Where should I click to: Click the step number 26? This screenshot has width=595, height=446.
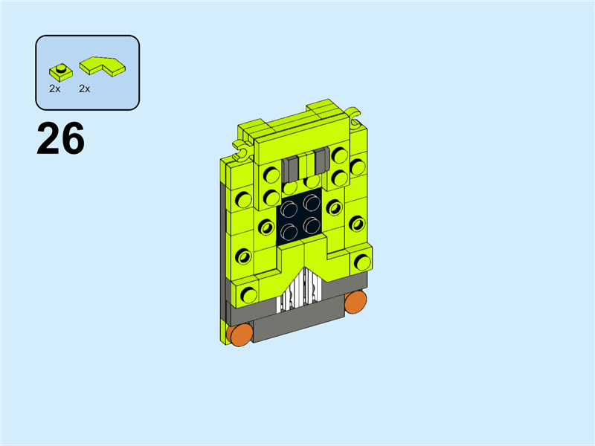pyautogui.click(x=60, y=138)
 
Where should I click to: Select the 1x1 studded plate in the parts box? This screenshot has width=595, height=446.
pyautogui.click(x=61, y=72)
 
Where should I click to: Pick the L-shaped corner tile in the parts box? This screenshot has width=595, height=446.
pyautogui.click(x=103, y=66)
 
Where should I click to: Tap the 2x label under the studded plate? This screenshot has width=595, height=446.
pyautogui.click(x=54, y=88)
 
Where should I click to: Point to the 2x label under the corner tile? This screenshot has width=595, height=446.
pyautogui.click(x=85, y=88)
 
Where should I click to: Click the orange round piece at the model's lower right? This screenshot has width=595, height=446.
pyautogui.click(x=356, y=302)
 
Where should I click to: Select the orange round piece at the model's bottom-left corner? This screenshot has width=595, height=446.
pyautogui.click(x=239, y=334)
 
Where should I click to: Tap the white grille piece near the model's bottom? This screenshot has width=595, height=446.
pyautogui.click(x=300, y=290)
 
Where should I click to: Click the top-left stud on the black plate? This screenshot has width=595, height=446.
pyautogui.click(x=289, y=209)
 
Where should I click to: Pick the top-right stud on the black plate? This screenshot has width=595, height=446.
pyautogui.click(x=312, y=203)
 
